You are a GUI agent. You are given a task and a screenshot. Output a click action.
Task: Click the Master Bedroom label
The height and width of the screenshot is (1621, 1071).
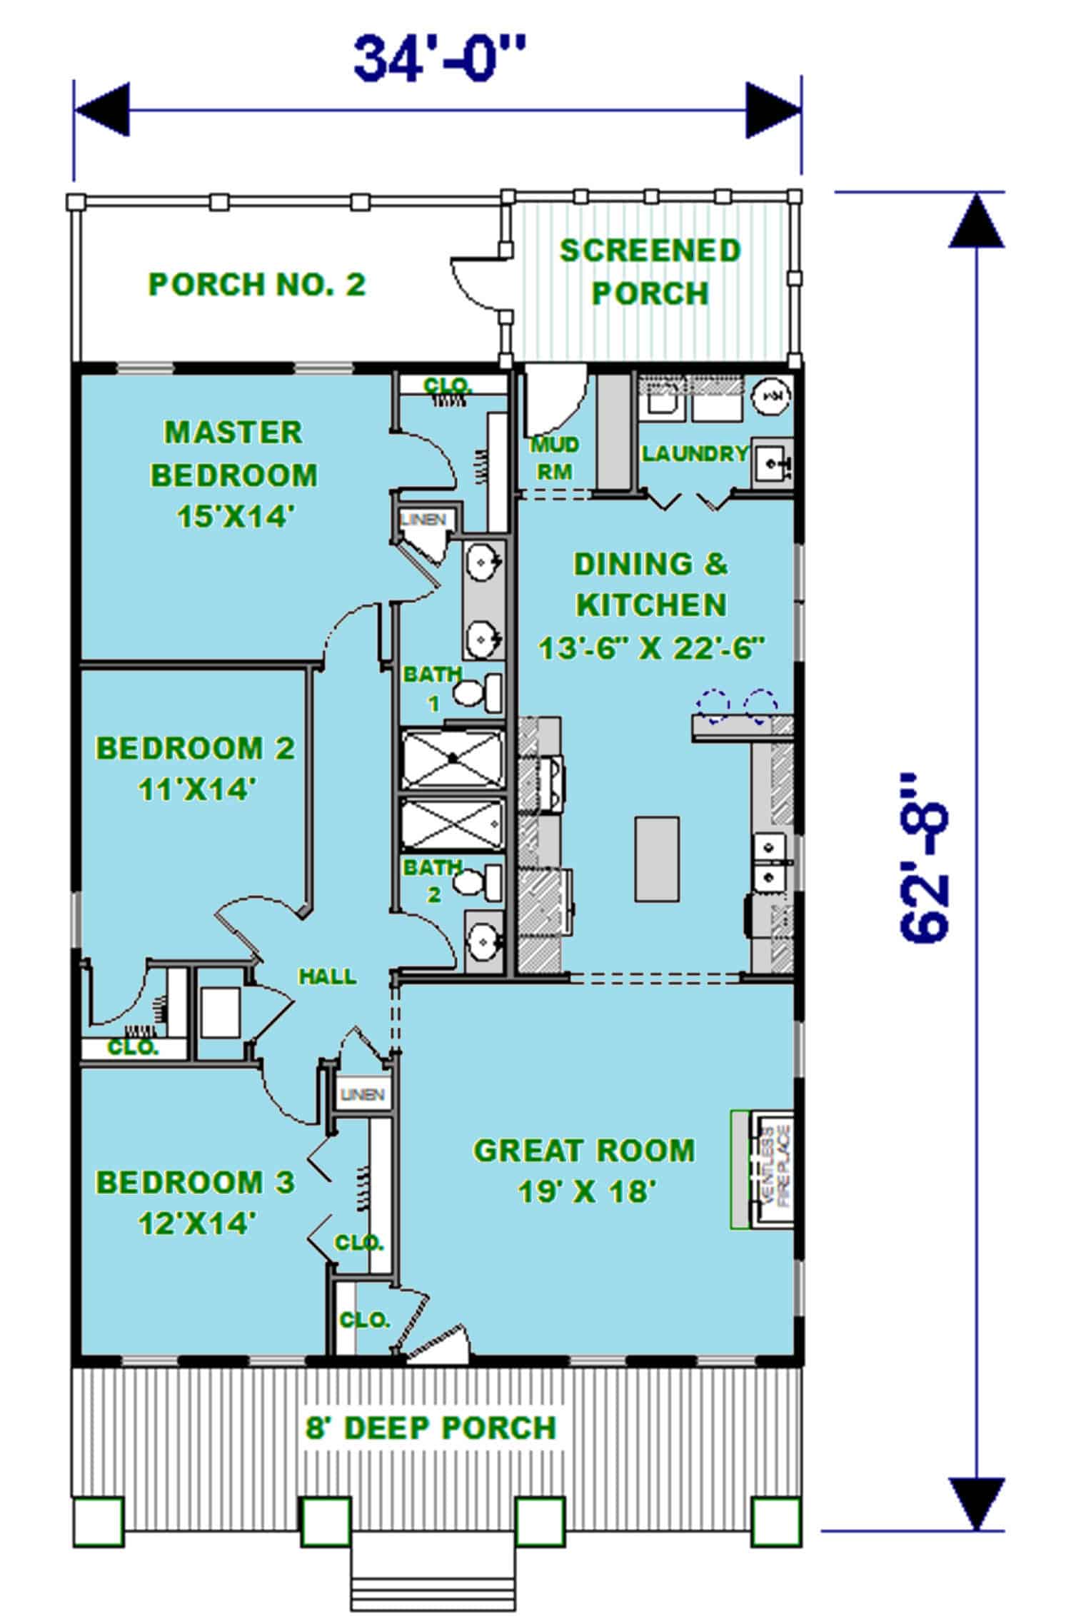[x=233, y=474]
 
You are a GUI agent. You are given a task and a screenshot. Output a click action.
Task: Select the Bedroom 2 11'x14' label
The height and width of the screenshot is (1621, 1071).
[x=196, y=769]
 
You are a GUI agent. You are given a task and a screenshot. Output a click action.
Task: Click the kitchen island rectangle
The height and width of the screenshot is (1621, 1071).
[x=656, y=859]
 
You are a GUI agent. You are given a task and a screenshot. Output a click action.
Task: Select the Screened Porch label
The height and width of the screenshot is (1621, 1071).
[x=650, y=272]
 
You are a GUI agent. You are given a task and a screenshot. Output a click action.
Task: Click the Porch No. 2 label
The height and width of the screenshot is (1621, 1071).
[x=257, y=285]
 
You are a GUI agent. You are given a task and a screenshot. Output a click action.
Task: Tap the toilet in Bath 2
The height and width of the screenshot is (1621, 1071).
[x=478, y=883]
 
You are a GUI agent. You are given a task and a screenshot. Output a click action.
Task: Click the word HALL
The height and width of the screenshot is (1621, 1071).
[x=327, y=976]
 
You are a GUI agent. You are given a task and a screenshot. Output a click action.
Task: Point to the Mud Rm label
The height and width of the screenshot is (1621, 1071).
[x=555, y=458]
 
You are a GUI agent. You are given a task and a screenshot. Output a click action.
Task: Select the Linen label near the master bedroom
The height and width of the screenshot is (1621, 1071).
[x=423, y=520]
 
